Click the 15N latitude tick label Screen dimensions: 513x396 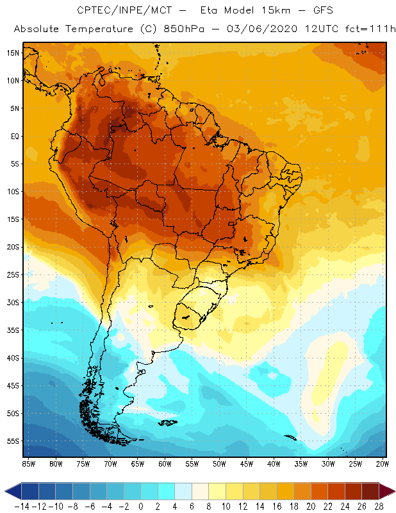pyautogui.click(x=12, y=53)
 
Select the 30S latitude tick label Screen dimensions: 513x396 pyautogui.click(x=12, y=302)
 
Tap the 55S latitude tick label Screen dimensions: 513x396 pyautogui.click(x=12, y=441)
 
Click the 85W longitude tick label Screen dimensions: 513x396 pyautogui.click(x=28, y=464)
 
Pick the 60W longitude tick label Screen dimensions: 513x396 pyautogui.click(x=165, y=464)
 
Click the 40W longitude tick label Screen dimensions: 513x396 pyautogui.click(x=274, y=464)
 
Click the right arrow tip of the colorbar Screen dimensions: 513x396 pyautogui.click(x=392, y=491)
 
